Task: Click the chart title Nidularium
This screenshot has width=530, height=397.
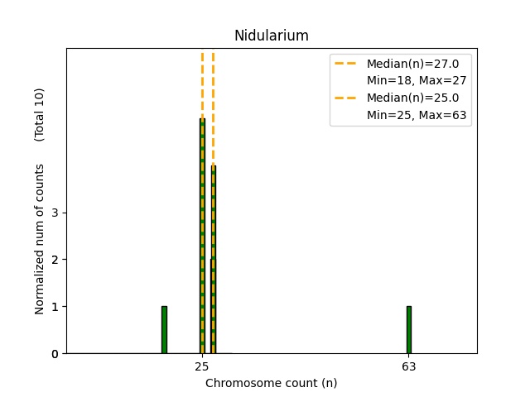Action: click(271, 36)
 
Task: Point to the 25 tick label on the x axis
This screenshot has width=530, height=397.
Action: click(202, 366)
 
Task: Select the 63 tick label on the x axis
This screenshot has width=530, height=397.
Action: click(408, 366)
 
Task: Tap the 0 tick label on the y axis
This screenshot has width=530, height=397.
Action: click(54, 354)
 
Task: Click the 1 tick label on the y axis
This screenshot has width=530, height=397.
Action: click(54, 307)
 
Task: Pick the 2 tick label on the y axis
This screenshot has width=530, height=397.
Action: click(54, 260)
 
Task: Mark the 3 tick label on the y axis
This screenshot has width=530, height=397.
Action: click(54, 213)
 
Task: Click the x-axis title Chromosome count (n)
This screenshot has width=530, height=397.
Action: click(271, 383)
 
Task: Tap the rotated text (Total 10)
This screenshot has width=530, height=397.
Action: click(40, 114)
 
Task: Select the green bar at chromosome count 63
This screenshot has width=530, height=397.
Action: click(408, 330)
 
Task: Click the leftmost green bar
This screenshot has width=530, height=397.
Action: click(164, 330)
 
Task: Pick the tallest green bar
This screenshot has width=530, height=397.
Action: click(202, 236)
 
